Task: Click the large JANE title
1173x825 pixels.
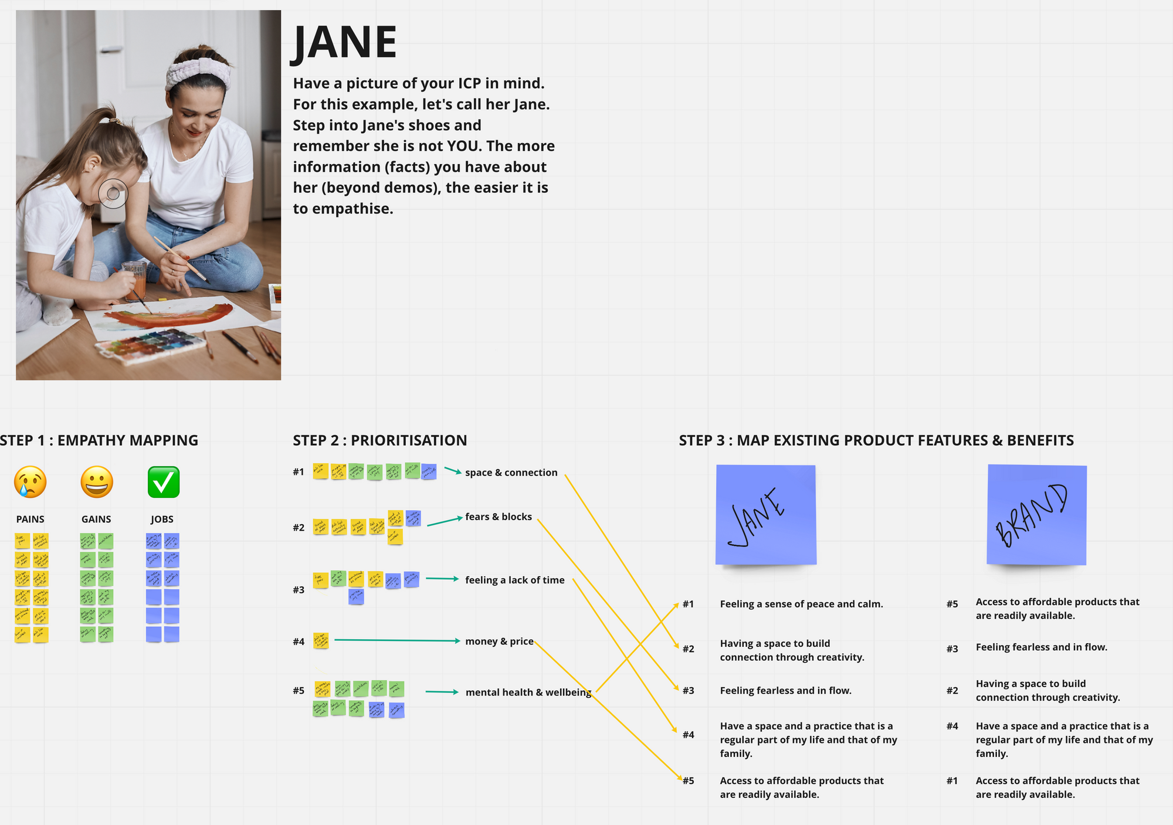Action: point(344,43)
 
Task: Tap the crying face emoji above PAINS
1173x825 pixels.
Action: point(30,482)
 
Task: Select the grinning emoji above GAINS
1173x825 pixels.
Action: point(96,482)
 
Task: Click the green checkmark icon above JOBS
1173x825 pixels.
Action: point(163,482)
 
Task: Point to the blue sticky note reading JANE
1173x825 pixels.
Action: point(766,515)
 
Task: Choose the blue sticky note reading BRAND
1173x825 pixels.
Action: point(1036,515)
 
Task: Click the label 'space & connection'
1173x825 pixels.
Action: point(511,473)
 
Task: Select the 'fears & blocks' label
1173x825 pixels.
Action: point(499,517)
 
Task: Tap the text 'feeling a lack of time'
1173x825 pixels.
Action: point(514,580)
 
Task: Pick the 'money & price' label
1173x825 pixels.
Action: point(499,641)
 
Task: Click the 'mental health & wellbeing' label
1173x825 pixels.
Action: point(528,692)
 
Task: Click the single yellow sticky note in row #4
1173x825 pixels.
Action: point(321,640)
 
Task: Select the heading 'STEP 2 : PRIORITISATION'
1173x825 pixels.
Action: point(380,440)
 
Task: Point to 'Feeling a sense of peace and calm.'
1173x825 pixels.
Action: point(801,604)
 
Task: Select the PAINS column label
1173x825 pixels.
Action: point(30,520)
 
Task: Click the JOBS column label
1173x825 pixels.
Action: point(162,520)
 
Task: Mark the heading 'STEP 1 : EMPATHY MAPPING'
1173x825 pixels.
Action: point(99,440)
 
